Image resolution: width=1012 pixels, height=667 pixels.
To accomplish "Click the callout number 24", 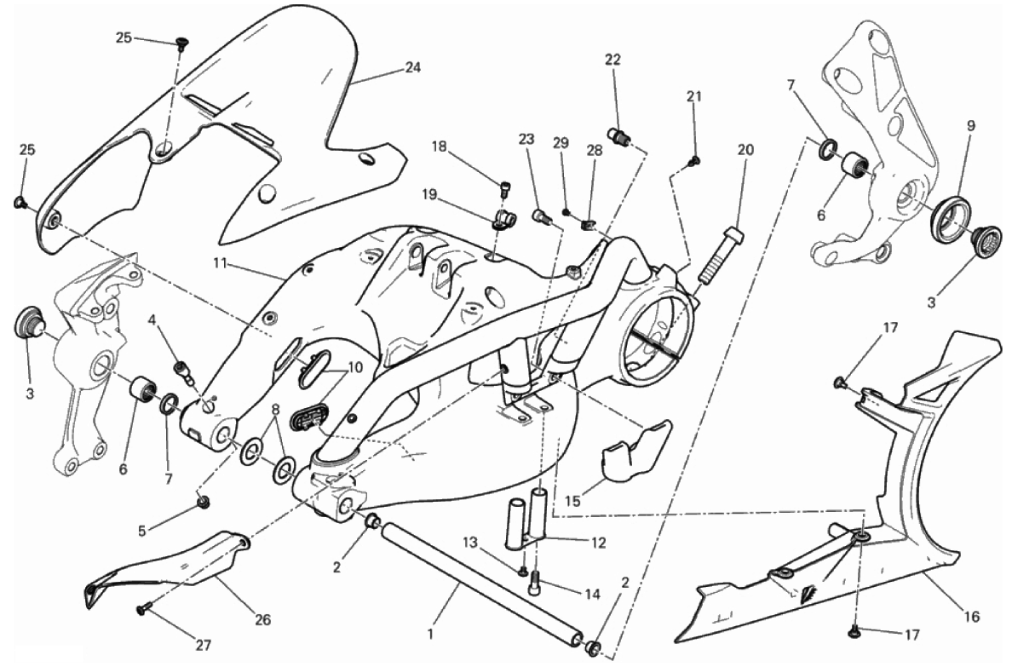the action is pos(412,67).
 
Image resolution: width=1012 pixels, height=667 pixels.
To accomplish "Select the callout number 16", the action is pos(972,617).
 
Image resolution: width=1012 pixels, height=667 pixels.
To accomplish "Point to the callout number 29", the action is pos(561,143).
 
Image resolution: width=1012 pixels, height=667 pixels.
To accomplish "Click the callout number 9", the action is pos(971,126).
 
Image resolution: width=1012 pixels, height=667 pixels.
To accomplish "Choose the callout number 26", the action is pos(262,620).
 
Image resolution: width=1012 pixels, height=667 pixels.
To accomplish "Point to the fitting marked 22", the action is pos(619,136).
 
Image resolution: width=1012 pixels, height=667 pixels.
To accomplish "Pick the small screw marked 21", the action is pos(695,161).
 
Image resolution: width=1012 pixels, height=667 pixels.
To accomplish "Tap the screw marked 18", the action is pos(504,188).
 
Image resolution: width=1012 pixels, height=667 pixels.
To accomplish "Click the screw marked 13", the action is pos(522,571).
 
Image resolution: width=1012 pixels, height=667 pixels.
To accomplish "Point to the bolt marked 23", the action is pos(542,216).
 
